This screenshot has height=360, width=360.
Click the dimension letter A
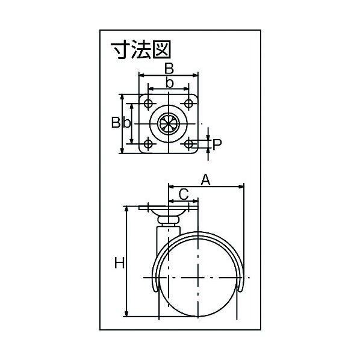205,179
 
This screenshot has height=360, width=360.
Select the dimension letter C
184,194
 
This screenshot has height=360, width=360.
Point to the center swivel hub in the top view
169,123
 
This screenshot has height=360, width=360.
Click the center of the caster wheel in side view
198,277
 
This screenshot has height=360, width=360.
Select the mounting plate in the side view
168,208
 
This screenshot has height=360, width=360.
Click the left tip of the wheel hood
155,290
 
